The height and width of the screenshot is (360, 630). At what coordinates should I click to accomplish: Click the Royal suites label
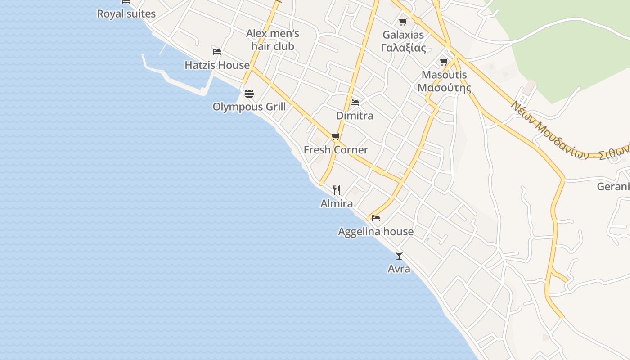(126, 14)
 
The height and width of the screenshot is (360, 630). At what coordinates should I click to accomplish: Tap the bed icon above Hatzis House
(217, 51)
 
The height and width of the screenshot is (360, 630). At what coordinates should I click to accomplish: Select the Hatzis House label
(217, 65)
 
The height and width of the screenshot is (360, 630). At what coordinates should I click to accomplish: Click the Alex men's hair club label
(273, 40)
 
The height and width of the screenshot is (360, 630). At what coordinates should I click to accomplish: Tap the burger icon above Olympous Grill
(249, 94)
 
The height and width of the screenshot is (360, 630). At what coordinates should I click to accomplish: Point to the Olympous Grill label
(249, 107)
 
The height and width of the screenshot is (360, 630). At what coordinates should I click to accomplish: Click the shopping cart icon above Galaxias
(403, 22)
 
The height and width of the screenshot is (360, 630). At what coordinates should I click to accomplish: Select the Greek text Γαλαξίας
(403, 48)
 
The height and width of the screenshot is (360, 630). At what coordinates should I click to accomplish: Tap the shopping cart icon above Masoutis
(444, 62)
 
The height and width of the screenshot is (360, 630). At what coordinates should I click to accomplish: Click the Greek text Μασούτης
(444, 88)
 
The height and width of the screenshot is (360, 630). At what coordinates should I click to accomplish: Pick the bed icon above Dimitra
(355, 102)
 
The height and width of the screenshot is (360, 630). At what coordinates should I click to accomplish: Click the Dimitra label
(355, 116)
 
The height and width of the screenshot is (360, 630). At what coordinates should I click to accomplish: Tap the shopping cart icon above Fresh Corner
(335, 137)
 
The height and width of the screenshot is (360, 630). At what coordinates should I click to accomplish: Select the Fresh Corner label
(336, 150)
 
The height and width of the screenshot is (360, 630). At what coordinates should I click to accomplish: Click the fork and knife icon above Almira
(337, 190)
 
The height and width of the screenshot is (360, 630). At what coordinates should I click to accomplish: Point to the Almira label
(337, 204)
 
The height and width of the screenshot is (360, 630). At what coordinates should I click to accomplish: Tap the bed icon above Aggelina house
(376, 218)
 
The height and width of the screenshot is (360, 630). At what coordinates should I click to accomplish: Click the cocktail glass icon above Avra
(399, 256)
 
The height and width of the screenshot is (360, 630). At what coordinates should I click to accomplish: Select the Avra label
(399, 269)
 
